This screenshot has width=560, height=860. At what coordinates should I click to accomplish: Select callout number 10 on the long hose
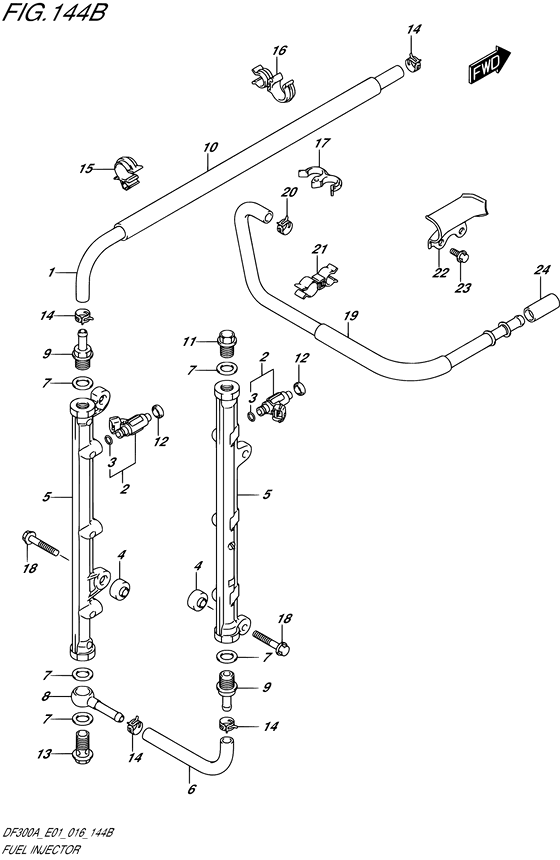pos(209,148)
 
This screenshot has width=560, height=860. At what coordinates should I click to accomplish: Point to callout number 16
pos(280,50)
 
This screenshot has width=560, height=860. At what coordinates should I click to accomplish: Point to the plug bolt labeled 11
pos(227,346)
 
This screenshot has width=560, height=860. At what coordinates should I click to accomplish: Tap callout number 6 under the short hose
pos(191,790)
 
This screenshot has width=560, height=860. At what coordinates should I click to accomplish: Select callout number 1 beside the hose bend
pos(50,271)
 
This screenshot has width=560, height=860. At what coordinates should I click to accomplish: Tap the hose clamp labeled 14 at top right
pos(411,63)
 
